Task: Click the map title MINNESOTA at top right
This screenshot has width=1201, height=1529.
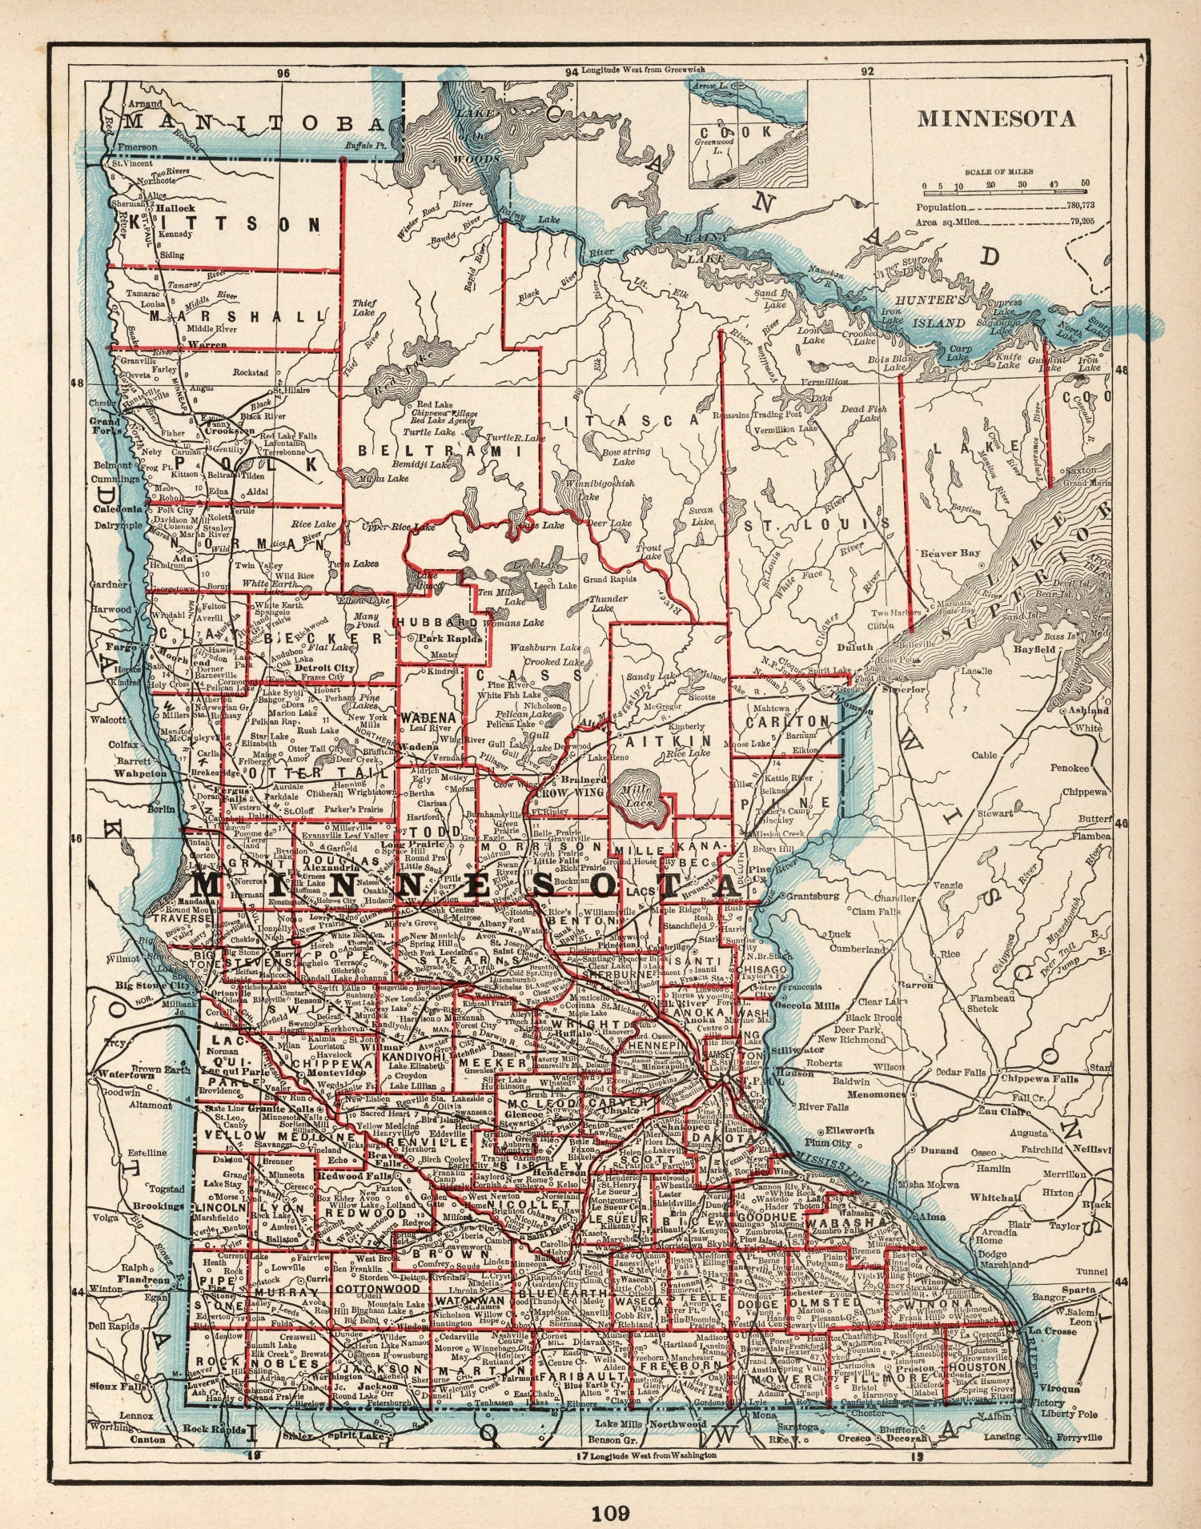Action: click(x=996, y=118)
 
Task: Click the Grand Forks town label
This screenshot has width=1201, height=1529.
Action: click(x=105, y=424)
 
